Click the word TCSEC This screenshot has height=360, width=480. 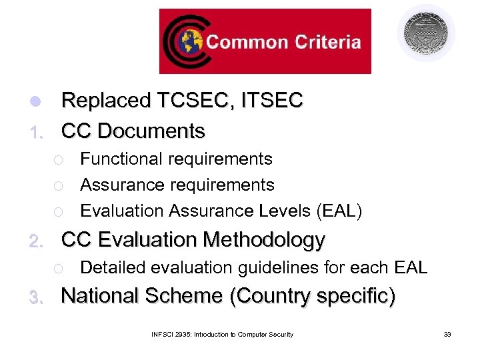(197, 101)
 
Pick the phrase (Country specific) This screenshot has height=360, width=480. (312, 296)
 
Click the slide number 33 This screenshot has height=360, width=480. (447, 334)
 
